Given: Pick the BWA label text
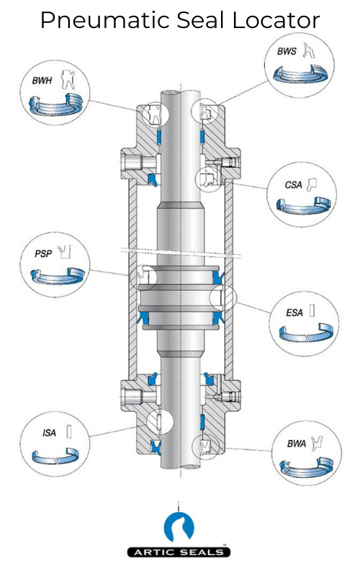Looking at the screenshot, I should pyautogui.click(x=295, y=444).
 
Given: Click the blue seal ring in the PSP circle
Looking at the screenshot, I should pyautogui.click(x=58, y=275).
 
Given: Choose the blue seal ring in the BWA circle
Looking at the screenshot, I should pyautogui.click(x=305, y=468).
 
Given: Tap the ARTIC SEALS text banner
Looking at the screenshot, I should pyautogui.click(x=179, y=552).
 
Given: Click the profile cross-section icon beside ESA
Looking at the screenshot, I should pyautogui.click(x=312, y=312).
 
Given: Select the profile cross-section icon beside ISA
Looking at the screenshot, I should pyautogui.click(x=69, y=432).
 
